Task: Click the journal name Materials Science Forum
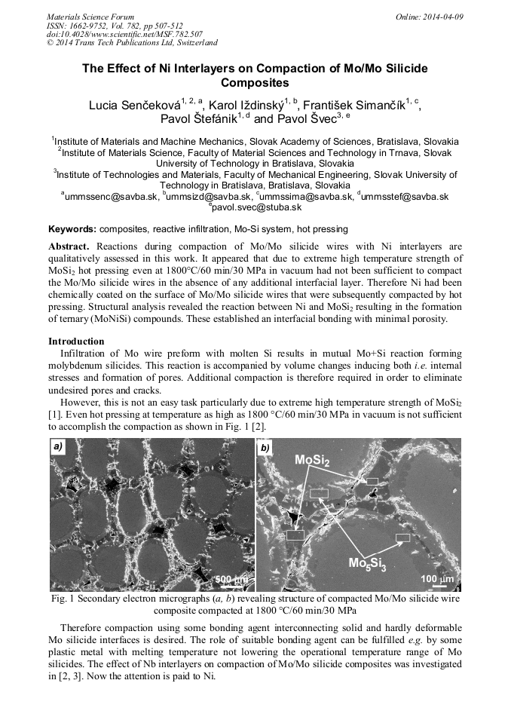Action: [90, 16]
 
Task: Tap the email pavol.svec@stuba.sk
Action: [257, 207]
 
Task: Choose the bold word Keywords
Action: [72, 228]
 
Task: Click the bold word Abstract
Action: [69, 247]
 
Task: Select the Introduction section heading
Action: [76, 342]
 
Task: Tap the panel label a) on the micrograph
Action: [58, 447]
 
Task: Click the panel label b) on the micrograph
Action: [265, 448]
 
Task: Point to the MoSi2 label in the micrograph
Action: [311, 461]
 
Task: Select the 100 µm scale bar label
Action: [438, 578]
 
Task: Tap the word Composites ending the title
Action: [255, 83]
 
